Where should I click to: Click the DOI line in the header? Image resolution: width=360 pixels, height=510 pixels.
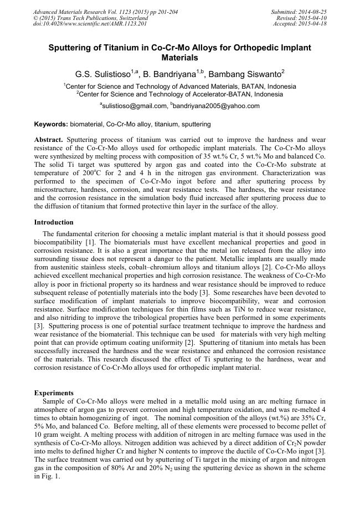[90, 24]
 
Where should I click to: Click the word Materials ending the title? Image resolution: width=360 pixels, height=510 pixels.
[179, 57]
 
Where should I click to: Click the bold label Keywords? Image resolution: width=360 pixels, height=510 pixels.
[51, 124]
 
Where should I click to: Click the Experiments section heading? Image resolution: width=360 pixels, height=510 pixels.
[54, 393]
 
